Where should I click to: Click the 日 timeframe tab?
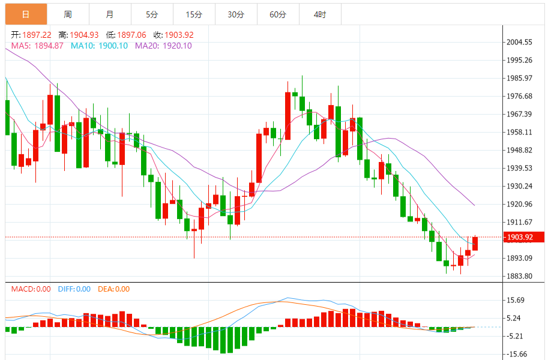click(26, 14)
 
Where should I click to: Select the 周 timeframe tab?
click(68, 14)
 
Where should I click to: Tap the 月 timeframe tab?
click(109, 14)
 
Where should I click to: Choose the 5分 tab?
click(152, 14)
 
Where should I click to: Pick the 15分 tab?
click(194, 14)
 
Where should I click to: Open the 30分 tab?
click(236, 14)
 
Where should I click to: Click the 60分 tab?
click(278, 14)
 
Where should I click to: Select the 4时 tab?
click(320, 14)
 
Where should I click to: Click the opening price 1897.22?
click(37, 35)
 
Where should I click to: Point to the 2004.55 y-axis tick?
click(520, 42)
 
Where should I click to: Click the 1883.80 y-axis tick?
click(520, 276)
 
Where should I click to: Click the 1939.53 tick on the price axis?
click(520, 168)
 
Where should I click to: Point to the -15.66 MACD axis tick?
click(516, 354)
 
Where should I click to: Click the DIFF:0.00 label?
click(74, 289)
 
